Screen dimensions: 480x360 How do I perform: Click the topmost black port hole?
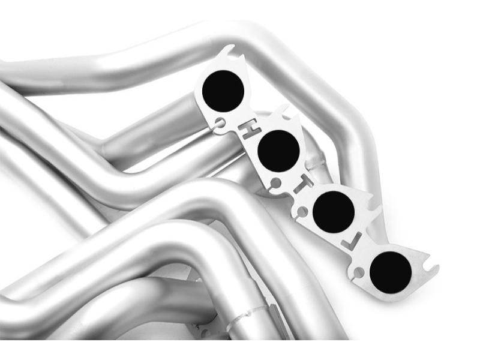(223, 91)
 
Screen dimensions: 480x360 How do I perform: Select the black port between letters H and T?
(278, 151)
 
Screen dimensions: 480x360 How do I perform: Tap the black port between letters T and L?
(334, 212)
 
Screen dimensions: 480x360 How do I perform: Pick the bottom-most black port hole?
(391, 273)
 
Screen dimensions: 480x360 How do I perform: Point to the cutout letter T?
(303, 185)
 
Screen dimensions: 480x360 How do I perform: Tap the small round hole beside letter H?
(221, 123)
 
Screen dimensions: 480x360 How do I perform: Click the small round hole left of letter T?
(276, 184)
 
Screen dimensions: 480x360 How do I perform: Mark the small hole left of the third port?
(302, 211)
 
